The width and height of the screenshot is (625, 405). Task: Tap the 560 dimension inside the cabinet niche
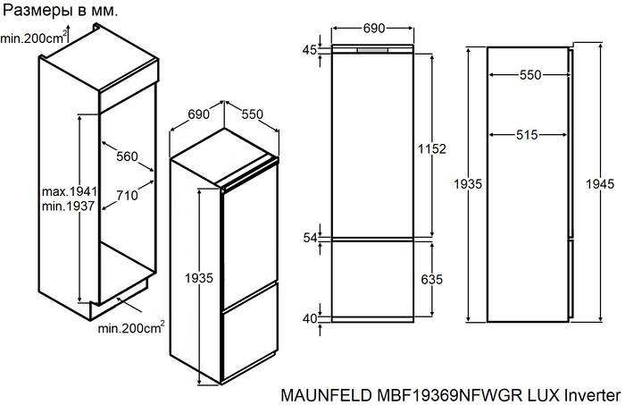click(127, 156)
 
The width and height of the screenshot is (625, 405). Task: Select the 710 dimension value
click(127, 195)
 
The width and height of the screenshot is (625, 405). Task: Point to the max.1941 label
click(70, 192)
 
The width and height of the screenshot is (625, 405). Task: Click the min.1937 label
click(70, 207)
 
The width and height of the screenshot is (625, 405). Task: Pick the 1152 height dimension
click(431, 148)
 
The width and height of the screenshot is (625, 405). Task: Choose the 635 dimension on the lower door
click(431, 279)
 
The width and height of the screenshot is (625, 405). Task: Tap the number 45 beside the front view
click(309, 50)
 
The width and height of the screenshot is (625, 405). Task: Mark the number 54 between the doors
click(309, 238)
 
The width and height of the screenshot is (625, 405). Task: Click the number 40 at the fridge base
click(309, 318)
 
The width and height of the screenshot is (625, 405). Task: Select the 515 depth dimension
click(526, 135)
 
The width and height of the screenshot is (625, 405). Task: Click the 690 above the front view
click(374, 29)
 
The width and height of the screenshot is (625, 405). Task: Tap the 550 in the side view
click(530, 76)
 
